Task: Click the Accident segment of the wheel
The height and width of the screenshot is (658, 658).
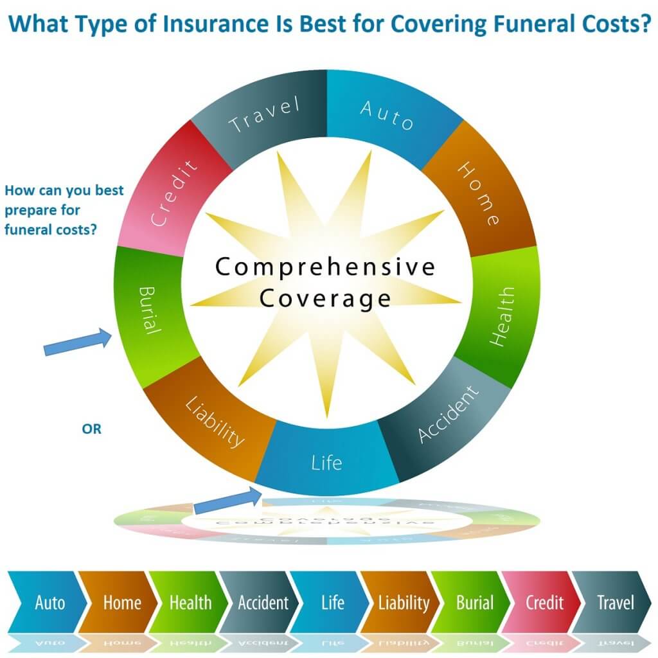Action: (x=447, y=416)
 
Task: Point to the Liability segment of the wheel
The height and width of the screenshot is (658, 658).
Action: (x=214, y=422)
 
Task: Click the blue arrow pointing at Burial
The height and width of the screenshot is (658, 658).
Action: (x=78, y=342)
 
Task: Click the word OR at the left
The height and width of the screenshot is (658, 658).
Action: (x=91, y=429)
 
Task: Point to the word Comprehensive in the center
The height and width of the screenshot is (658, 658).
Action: (x=325, y=267)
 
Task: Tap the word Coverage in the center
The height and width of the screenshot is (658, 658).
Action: (x=325, y=299)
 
